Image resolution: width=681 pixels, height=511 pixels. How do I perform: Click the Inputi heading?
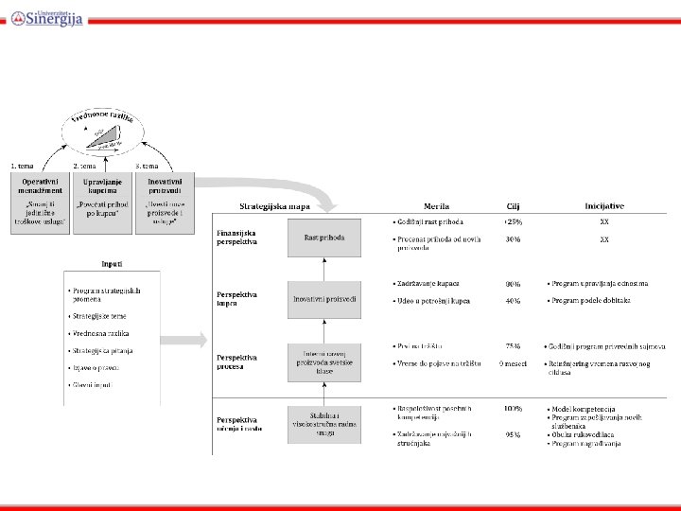(x=112, y=264)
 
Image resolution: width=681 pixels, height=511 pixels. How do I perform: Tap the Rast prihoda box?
(x=324, y=238)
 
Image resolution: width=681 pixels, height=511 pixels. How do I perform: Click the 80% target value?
(x=513, y=283)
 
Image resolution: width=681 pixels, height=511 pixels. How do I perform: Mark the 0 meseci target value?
(x=513, y=364)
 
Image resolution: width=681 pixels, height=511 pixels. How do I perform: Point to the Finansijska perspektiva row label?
(x=237, y=237)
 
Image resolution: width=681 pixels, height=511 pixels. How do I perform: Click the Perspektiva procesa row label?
(x=237, y=362)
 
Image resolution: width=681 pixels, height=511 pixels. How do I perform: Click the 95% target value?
(x=513, y=435)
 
